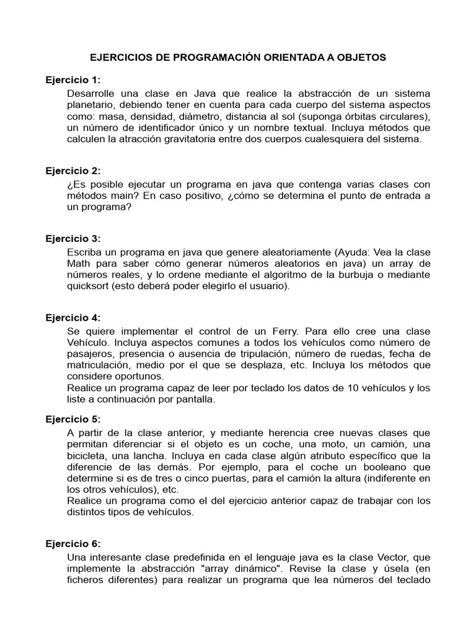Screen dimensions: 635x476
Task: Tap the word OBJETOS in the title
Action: point(359,57)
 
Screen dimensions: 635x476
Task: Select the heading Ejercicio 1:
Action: point(73,80)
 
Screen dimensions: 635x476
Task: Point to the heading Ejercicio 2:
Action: point(73,171)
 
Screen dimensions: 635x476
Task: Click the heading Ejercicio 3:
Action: point(73,238)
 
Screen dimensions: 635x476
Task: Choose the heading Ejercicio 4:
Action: point(73,317)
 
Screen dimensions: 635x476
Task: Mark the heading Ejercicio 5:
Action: point(73,419)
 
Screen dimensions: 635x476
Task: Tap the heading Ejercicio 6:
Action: point(73,543)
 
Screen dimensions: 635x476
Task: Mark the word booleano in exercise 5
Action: point(370,467)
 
